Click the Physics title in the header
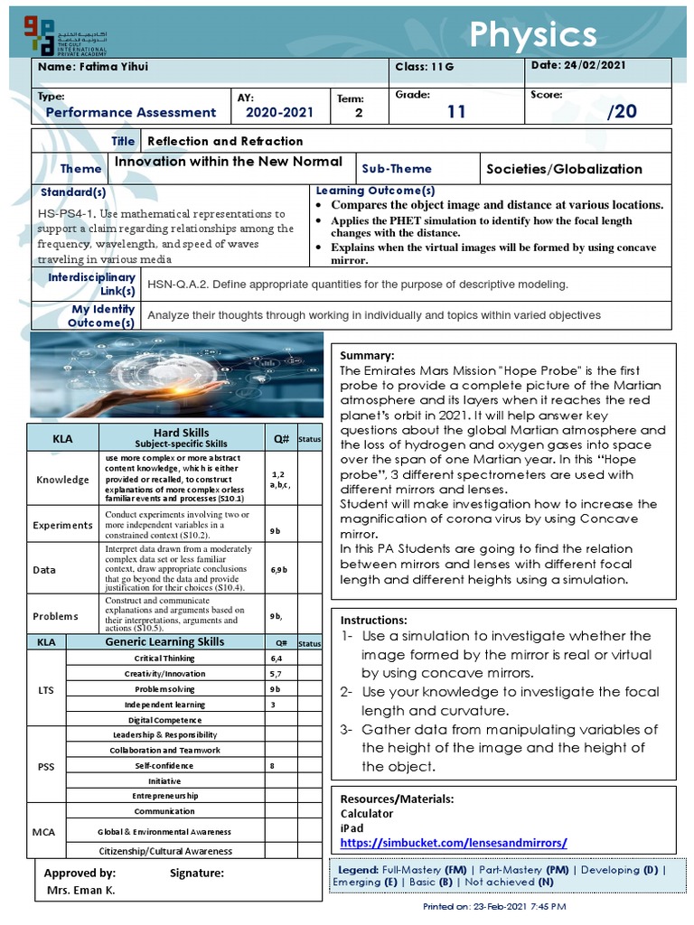(x=533, y=35)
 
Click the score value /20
(x=622, y=111)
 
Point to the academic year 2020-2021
(x=279, y=112)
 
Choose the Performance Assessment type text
(x=131, y=112)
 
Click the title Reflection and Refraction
(x=225, y=141)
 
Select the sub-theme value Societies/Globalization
(x=564, y=169)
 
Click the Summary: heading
(x=367, y=356)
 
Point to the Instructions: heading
(x=374, y=621)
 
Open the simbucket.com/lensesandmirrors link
(x=454, y=843)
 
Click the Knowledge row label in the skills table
(x=62, y=480)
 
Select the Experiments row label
(x=62, y=525)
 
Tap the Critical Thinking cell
(x=164, y=659)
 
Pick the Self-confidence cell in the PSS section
(x=164, y=765)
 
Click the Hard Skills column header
(x=182, y=438)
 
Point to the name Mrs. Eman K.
(x=81, y=890)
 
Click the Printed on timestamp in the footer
(x=494, y=906)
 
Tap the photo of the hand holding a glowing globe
(x=176, y=375)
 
